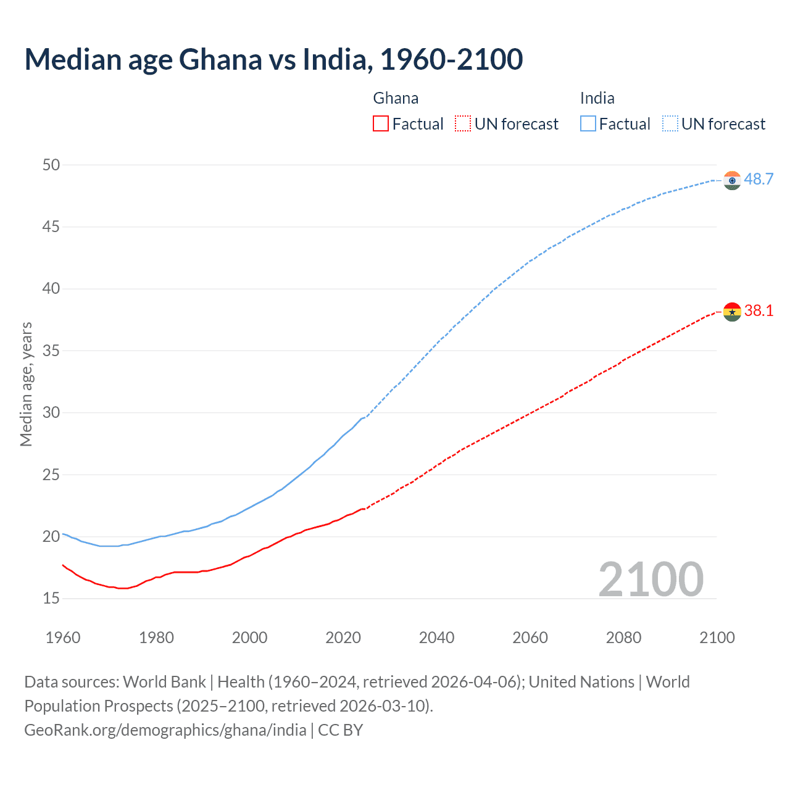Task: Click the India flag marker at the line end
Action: pyautogui.click(x=732, y=180)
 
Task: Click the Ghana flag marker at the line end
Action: pyautogui.click(x=732, y=312)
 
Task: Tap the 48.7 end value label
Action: pyautogui.click(x=759, y=179)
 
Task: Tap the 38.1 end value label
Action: pyautogui.click(x=759, y=310)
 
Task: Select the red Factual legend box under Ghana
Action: pyautogui.click(x=381, y=124)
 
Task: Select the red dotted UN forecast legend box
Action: pyautogui.click(x=463, y=124)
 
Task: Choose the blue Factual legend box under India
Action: pyautogui.click(x=588, y=124)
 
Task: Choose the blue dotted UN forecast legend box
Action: pyautogui.click(x=670, y=124)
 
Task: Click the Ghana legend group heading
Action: pyautogui.click(x=396, y=98)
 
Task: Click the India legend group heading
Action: pyautogui.click(x=597, y=98)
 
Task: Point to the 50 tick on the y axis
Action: pyautogui.click(x=51, y=165)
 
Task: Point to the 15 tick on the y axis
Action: pyautogui.click(x=51, y=598)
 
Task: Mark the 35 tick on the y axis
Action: pyautogui.click(x=51, y=351)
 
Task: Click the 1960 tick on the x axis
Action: pyautogui.click(x=63, y=638)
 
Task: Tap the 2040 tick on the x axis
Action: pyautogui.click(x=436, y=638)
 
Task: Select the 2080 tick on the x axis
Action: pyautogui.click(x=623, y=638)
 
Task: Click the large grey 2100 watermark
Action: pyautogui.click(x=651, y=579)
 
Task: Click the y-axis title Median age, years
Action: pyautogui.click(x=26, y=384)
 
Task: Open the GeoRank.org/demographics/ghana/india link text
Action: pyautogui.click(x=165, y=730)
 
